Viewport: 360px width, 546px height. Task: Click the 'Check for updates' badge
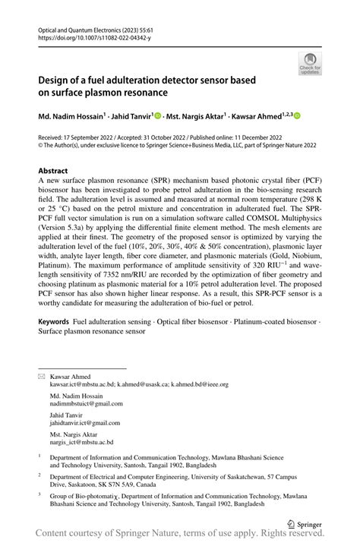click(308, 64)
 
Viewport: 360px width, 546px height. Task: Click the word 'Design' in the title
click(55, 80)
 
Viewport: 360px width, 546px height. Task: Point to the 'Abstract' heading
click(53, 172)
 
